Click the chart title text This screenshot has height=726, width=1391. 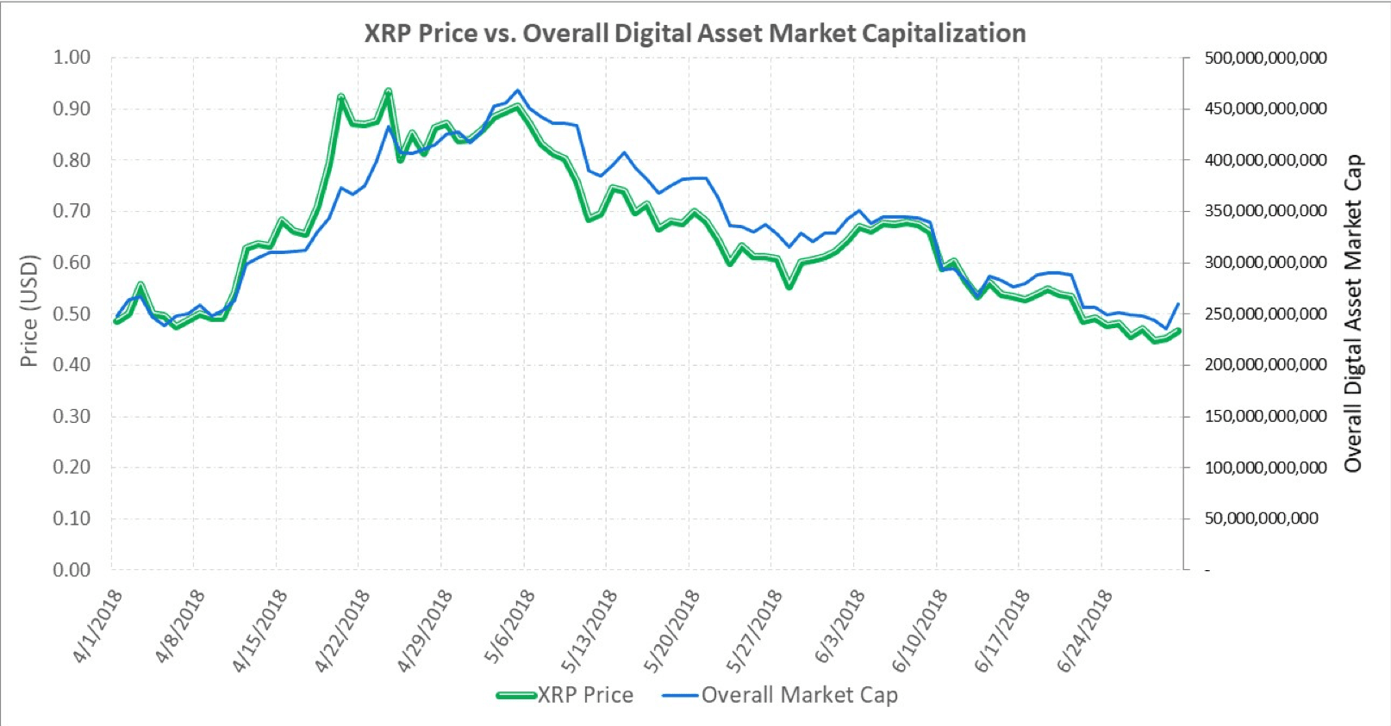[x=695, y=34]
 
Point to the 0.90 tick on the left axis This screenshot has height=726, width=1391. [x=72, y=109]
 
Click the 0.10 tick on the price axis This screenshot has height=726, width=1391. [x=72, y=518]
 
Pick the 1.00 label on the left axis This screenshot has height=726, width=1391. [x=72, y=58]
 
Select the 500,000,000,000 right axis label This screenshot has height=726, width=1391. [x=1265, y=58]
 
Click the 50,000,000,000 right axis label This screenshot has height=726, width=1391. [x=1261, y=518]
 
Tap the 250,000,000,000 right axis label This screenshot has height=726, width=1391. [x=1265, y=313]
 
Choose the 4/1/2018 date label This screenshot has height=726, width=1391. [x=97, y=626]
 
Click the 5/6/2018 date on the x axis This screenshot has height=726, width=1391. [x=509, y=626]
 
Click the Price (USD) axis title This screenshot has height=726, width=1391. [x=29, y=311]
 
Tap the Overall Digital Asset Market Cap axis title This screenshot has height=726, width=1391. [x=1354, y=313]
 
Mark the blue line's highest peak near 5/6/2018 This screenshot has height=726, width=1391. [x=517, y=90]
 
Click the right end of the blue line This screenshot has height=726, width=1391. [x=1178, y=303]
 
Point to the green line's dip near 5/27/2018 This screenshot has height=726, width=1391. [x=789, y=287]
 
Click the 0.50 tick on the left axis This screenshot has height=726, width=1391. [x=72, y=313]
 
